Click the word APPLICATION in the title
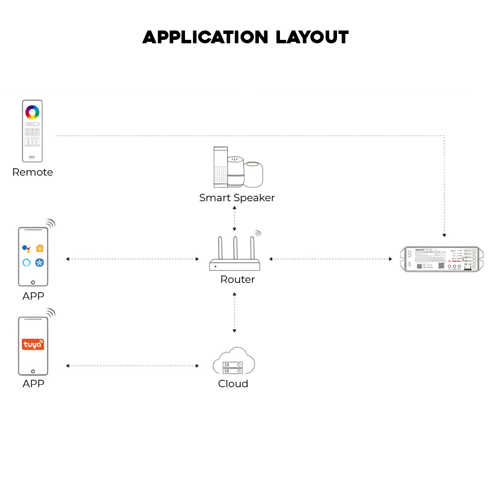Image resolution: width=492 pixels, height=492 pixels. point(205,37)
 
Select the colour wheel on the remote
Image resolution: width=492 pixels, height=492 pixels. point(32,112)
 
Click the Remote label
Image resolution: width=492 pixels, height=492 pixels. point(32,172)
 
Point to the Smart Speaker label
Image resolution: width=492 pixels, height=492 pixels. point(237,198)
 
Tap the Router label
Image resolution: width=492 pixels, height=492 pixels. point(238,279)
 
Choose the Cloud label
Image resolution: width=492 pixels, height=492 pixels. point(233,384)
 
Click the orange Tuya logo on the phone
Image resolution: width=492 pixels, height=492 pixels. point(33,344)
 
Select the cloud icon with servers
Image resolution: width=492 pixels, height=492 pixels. point(234,362)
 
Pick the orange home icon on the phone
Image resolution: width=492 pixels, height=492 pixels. point(40,248)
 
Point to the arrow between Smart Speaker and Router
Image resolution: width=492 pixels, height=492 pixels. point(235,219)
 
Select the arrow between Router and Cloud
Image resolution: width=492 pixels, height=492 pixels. point(234,313)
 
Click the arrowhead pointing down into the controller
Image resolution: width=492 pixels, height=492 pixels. point(444,235)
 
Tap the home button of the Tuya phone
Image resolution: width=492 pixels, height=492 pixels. point(33,371)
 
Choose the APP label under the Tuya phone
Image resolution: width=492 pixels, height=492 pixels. point(33,384)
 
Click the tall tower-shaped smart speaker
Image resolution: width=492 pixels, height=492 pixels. point(220,166)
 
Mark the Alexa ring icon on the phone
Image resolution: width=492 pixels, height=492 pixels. point(27,263)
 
